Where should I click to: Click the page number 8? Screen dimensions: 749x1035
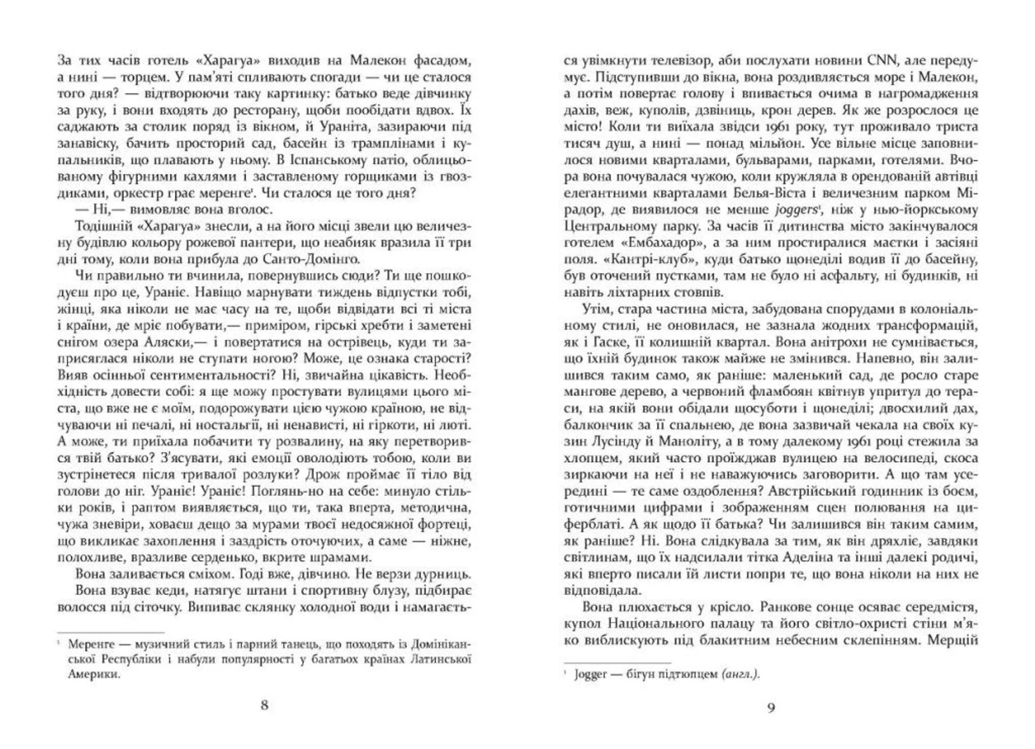pyautogui.click(x=264, y=705)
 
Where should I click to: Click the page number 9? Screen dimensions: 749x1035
pyautogui.click(x=771, y=707)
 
